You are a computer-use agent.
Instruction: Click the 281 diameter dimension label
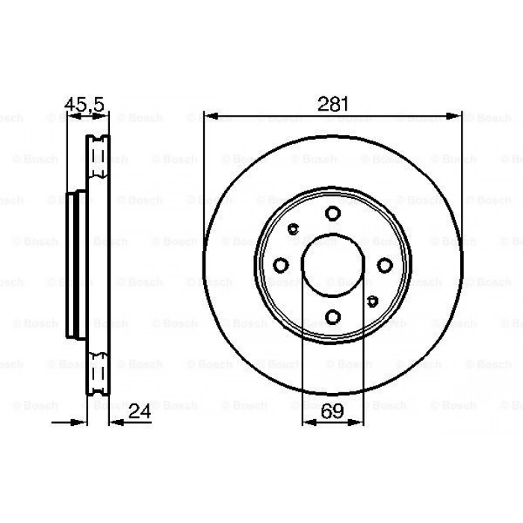[333, 105]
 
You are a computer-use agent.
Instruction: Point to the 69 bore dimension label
[333, 409]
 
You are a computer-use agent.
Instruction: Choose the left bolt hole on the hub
[281, 265]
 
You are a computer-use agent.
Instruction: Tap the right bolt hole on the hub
[385, 265]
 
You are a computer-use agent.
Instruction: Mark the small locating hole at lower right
[372, 301]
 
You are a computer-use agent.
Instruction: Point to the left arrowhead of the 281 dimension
[209, 116]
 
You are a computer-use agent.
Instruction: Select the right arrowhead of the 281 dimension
[457, 116]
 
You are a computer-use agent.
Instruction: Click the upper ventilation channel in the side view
[96, 158]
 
